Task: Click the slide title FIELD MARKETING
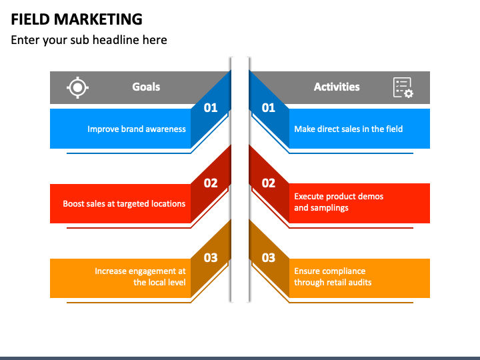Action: pos(77,19)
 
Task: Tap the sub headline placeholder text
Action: pos(89,40)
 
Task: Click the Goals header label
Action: pos(146,87)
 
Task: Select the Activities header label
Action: pos(337,87)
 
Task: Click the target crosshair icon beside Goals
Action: pos(78,87)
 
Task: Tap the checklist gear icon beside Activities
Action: pos(403,87)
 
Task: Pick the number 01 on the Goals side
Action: pos(211,107)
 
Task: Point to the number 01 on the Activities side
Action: pos(269,107)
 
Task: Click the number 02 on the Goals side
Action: pos(211,183)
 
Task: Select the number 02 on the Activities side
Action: pos(269,183)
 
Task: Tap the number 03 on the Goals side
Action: pos(211,257)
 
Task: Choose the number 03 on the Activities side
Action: pos(269,257)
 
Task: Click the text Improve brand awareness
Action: pos(137,129)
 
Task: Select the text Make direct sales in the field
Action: pos(349,129)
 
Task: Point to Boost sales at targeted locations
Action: pos(124,203)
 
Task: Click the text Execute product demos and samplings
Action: pos(339,202)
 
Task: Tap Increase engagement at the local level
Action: pos(140,277)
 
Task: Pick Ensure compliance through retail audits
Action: pos(333,277)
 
